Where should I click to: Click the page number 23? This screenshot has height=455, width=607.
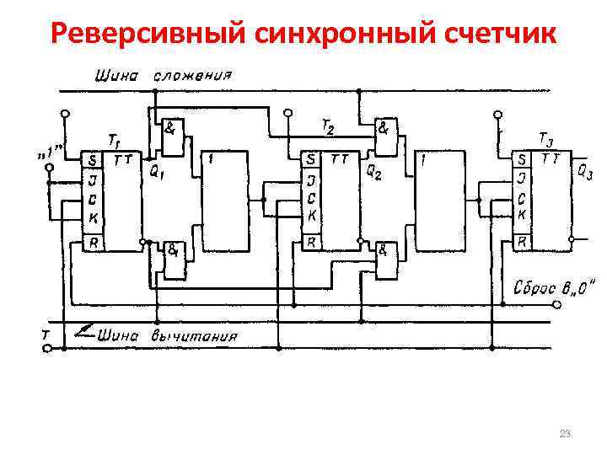pos(565,433)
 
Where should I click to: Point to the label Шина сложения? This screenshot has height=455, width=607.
pos(165,75)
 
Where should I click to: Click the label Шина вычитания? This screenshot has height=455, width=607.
pos(168,336)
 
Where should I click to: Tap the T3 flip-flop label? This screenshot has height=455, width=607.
pos(545,137)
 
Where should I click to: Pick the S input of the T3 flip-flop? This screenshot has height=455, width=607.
pos(524,158)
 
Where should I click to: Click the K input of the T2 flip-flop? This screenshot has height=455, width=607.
pos(310,217)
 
